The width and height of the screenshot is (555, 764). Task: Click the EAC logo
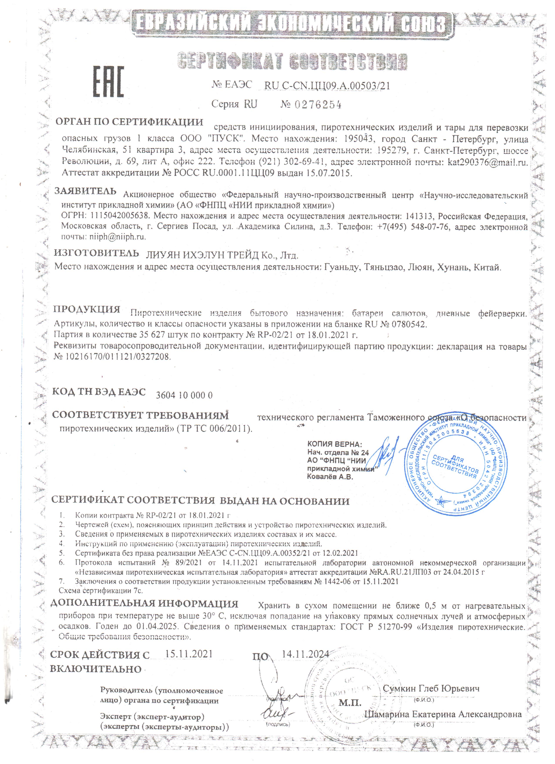pyautogui.click(x=108, y=81)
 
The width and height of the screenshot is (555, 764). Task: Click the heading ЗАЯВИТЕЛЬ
pyautogui.click(x=86, y=191)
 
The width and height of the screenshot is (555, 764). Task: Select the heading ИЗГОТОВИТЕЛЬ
pyautogui.click(x=97, y=253)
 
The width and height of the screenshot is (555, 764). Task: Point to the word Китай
pyautogui.click(x=487, y=268)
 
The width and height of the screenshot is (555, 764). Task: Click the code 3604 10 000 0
pyautogui.click(x=184, y=395)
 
